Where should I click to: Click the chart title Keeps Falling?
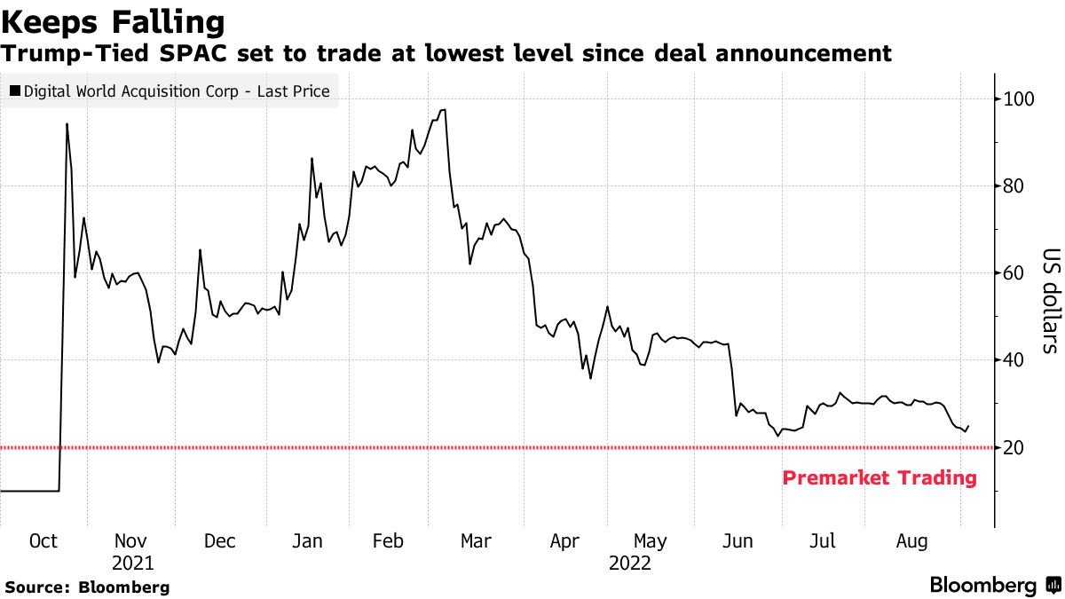click(112, 21)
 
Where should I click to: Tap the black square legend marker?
click(16, 91)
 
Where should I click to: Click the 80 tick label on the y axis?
click(1014, 185)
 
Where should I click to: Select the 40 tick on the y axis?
click(1014, 359)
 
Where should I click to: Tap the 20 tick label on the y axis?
click(1014, 447)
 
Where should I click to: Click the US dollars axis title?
click(1049, 299)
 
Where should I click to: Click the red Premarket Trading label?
click(879, 478)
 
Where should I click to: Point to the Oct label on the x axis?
click(44, 541)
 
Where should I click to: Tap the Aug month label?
click(911, 541)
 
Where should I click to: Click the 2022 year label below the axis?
click(629, 564)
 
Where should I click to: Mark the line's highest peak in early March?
click(443, 110)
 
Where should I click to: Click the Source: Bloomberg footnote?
click(87, 587)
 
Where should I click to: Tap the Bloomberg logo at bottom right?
click(994, 586)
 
